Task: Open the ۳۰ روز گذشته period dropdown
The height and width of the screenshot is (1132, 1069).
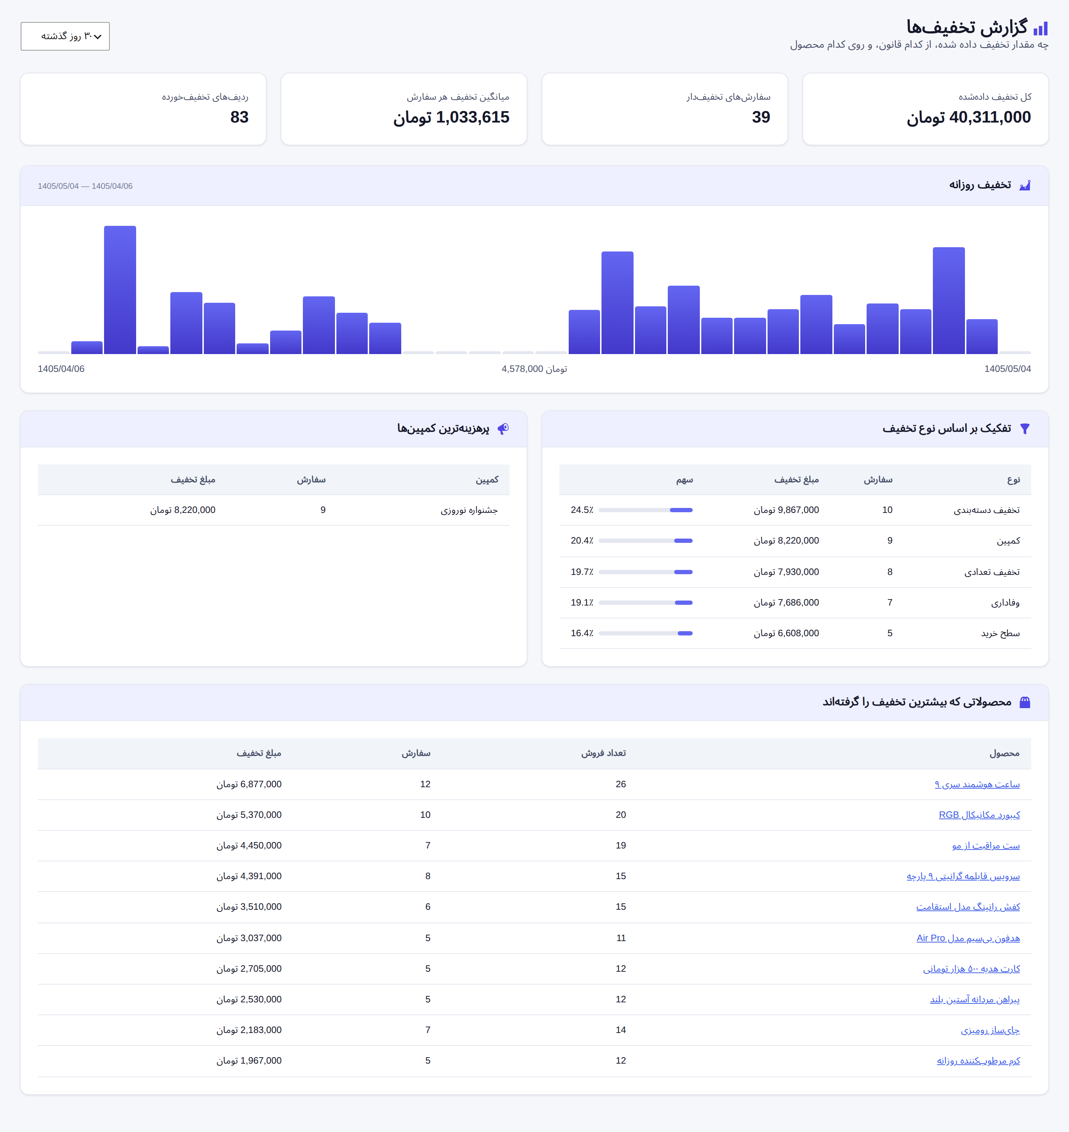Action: point(65,36)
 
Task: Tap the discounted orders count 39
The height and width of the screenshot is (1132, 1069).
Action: point(761,117)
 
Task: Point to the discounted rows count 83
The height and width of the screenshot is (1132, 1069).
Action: point(239,117)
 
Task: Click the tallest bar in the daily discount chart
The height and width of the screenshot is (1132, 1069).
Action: point(120,290)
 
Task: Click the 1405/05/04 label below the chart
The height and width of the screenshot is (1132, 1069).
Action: point(1007,369)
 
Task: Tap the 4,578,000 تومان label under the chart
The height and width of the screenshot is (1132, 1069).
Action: point(534,369)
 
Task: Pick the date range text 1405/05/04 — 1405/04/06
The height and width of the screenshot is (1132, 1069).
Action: point(85,186)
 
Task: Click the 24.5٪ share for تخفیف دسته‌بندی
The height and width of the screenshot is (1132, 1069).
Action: point(582,510)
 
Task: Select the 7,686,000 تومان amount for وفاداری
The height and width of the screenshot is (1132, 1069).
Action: point(786,603)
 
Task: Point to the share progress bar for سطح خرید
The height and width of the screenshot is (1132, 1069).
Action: point(646,634)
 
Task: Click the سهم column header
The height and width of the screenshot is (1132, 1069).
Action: point(685,480)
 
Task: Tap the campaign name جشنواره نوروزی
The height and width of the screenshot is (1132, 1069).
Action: point(469,510)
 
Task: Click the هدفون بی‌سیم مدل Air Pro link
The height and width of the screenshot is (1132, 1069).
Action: point(968,938)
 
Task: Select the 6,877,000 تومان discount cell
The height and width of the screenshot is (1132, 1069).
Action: point(249,784)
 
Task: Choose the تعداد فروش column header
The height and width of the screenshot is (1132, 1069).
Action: point(603,753)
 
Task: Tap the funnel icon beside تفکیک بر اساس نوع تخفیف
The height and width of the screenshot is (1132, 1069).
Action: point(1024,429)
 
